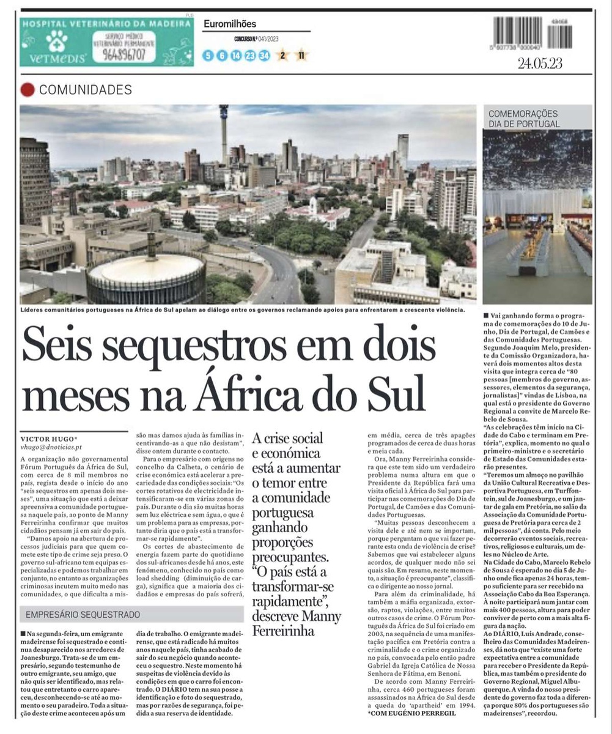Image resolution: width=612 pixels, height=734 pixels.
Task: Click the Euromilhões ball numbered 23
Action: (x=250, y=56)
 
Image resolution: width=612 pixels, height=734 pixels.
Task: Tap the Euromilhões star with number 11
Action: (x=301, y=56)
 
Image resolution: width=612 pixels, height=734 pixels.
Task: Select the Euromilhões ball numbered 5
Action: (x=208, y=56)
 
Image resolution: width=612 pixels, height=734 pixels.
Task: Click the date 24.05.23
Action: (x=540, y=63)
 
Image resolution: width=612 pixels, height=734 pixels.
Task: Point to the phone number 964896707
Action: (x=124, y=54)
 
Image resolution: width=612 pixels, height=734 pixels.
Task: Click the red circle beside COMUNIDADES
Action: (x=28, y=90)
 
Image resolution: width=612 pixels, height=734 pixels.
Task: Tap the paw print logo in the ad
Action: (x=56, y=41)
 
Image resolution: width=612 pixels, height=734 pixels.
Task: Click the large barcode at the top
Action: (x=517, y=33)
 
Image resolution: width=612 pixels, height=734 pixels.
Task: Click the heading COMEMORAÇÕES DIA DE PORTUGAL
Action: (x=523, y=119)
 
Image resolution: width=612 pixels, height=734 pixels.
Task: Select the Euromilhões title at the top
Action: (x=229, y=24)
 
